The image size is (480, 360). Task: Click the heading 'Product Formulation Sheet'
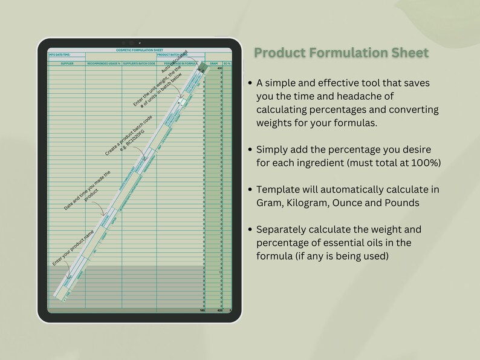(x=341, y=53)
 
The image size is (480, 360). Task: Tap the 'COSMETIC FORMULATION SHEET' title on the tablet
(x=138, y=50)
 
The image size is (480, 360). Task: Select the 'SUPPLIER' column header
(x=66, y=63)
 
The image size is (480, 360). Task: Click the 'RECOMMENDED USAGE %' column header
(x=103, y=63)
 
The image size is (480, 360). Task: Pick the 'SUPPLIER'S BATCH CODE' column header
(x=139, y=63)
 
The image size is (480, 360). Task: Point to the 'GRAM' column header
(x=213, y=63)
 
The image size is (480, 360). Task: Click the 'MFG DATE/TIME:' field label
(x=59, y=55)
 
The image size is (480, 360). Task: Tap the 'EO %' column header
(x=227, y=63)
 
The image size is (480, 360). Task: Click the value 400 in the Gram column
(x=219, y=68)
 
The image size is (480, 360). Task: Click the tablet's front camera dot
(x=139, y=43)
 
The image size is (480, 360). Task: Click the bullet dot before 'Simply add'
(x=250, y=149)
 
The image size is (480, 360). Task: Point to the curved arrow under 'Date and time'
(x=103, y=212)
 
